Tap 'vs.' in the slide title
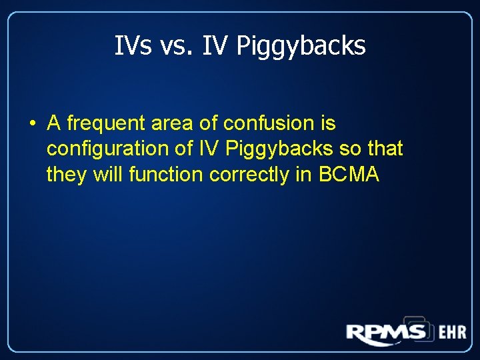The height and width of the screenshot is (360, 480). click(x=175, y=46)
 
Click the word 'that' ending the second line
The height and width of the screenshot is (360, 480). click(x=385, y=149)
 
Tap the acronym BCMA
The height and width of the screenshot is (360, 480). click(x=349, y=174)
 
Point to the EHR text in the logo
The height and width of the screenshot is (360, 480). click(x=452, y=332)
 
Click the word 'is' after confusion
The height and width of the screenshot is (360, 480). click(x=328, y=123)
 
